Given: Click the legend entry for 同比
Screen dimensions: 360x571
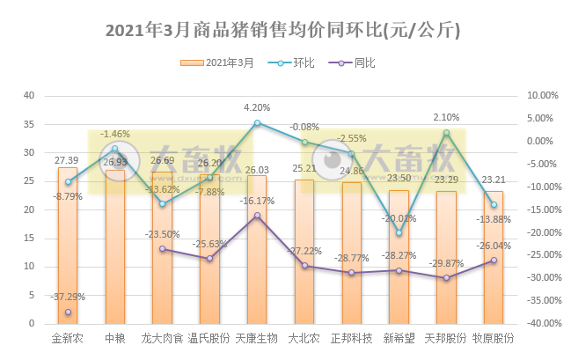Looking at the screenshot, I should coord(356,63).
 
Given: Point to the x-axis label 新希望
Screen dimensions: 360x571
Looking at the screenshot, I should coord(399,337).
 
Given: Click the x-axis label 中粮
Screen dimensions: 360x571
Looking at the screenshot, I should coord(115,337).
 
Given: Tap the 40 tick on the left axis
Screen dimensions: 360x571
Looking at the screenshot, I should coord(29,95).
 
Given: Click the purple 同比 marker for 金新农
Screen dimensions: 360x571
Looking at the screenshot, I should coord(68,312).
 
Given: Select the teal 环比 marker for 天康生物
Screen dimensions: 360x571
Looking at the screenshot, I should coord(257,122).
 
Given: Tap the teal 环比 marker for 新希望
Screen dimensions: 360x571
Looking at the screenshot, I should coord(399,233).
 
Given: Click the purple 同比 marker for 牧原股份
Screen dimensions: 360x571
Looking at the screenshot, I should coord(494,261).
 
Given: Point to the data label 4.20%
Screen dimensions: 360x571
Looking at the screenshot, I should coord(257,108).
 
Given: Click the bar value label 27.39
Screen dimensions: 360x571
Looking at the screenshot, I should coord(68,160).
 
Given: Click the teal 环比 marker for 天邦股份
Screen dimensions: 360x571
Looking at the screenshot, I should coord(446,132).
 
